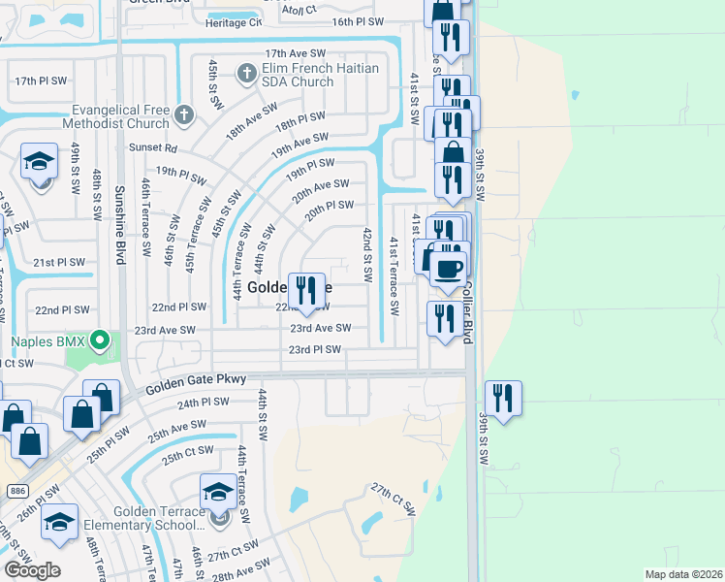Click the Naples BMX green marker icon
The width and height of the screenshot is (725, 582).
[98, 340]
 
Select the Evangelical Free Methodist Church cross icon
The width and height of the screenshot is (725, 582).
[184, 115]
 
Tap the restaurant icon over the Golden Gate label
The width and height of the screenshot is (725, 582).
[307, 289]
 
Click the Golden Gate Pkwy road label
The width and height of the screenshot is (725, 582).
[197, 383]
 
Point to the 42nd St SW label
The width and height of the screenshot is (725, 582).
[367, 254]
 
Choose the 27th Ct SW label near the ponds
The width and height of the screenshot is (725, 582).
[393, 501]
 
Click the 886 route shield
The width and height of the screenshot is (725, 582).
[16, 491]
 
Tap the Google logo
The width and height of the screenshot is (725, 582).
[32, 570]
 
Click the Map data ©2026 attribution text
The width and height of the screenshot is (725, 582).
[683, 574]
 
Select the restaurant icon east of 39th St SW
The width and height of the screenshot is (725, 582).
[503, 397]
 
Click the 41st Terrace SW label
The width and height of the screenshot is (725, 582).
[394, 275]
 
